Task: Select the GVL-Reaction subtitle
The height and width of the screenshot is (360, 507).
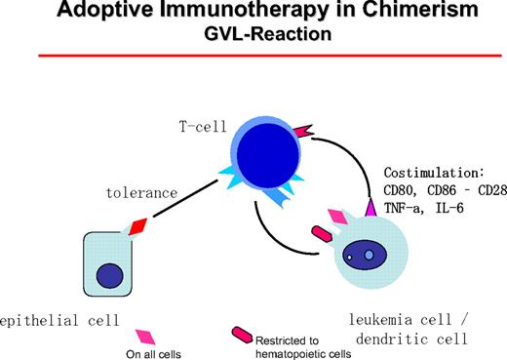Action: [253, 34]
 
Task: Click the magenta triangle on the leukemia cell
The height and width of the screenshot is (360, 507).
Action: [370, 209]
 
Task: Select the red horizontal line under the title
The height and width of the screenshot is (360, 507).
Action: [253, 58]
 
